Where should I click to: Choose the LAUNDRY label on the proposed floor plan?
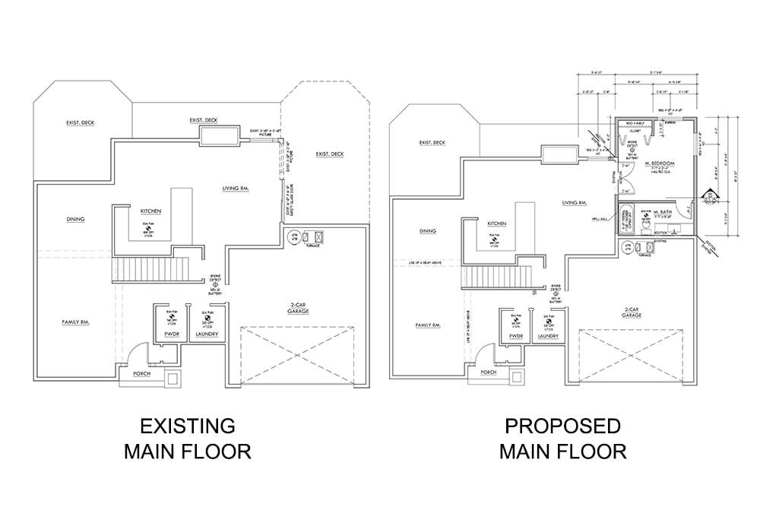pyautogui.click(x=549, y=336)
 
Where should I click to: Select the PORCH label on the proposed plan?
pyautogui.click(x=489, y=372)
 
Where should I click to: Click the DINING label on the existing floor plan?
pyautogui.click(x=74, y=220)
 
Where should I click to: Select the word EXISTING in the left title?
pyautogui.click(x=187, y=425)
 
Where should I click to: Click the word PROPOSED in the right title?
pyautogui.click(x=562, y=426)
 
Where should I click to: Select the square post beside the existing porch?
pyautogui.click(x=173, y=377)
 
